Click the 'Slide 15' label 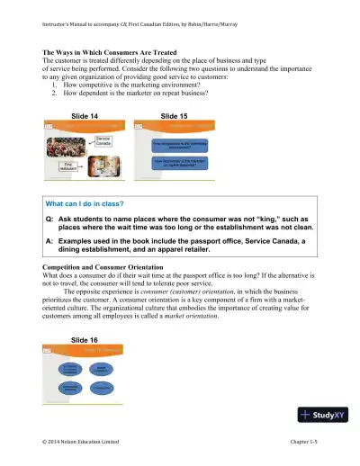(175, 116)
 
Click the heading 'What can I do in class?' (85, 204)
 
